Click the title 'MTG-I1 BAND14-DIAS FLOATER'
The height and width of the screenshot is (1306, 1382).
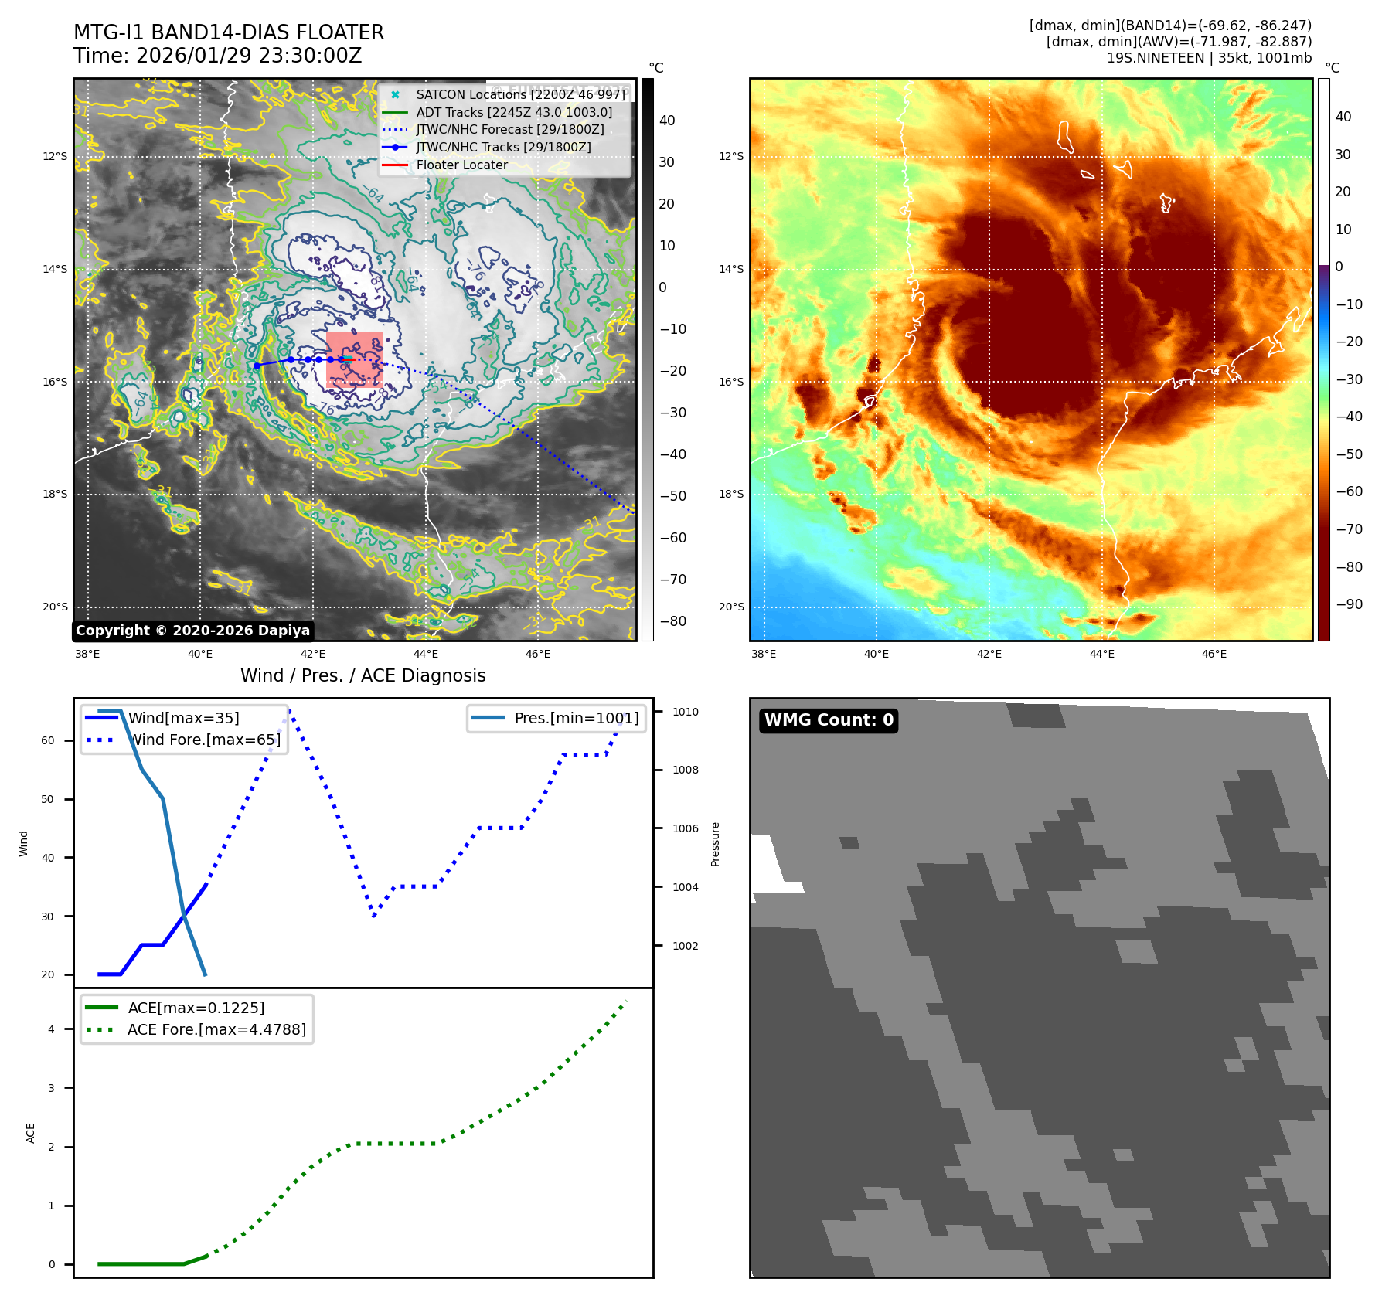229,32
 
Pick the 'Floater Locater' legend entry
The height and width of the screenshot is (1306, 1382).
461,165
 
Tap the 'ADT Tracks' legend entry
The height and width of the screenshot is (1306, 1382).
514,112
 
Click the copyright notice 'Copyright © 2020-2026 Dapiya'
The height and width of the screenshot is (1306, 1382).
192,631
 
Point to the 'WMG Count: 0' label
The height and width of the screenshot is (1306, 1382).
829,720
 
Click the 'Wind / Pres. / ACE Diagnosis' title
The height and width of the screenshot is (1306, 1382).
363,675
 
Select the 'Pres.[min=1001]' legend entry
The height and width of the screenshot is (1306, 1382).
577,718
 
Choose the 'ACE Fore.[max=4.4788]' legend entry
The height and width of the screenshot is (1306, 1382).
216,1029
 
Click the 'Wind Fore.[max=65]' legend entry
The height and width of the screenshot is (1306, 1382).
204,740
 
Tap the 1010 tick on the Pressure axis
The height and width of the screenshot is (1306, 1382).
685,712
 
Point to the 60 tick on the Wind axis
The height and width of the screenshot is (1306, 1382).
48,740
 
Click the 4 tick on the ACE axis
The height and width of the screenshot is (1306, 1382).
52,1029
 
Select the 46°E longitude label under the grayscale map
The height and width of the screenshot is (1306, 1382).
538,654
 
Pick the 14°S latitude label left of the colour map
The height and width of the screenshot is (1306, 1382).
731,269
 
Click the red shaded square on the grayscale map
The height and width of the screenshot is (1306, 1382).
355,359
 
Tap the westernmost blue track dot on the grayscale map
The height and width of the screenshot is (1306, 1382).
257,366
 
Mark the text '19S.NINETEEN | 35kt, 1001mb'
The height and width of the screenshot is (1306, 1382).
1209,58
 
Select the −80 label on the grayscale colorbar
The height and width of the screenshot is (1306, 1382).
672,621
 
